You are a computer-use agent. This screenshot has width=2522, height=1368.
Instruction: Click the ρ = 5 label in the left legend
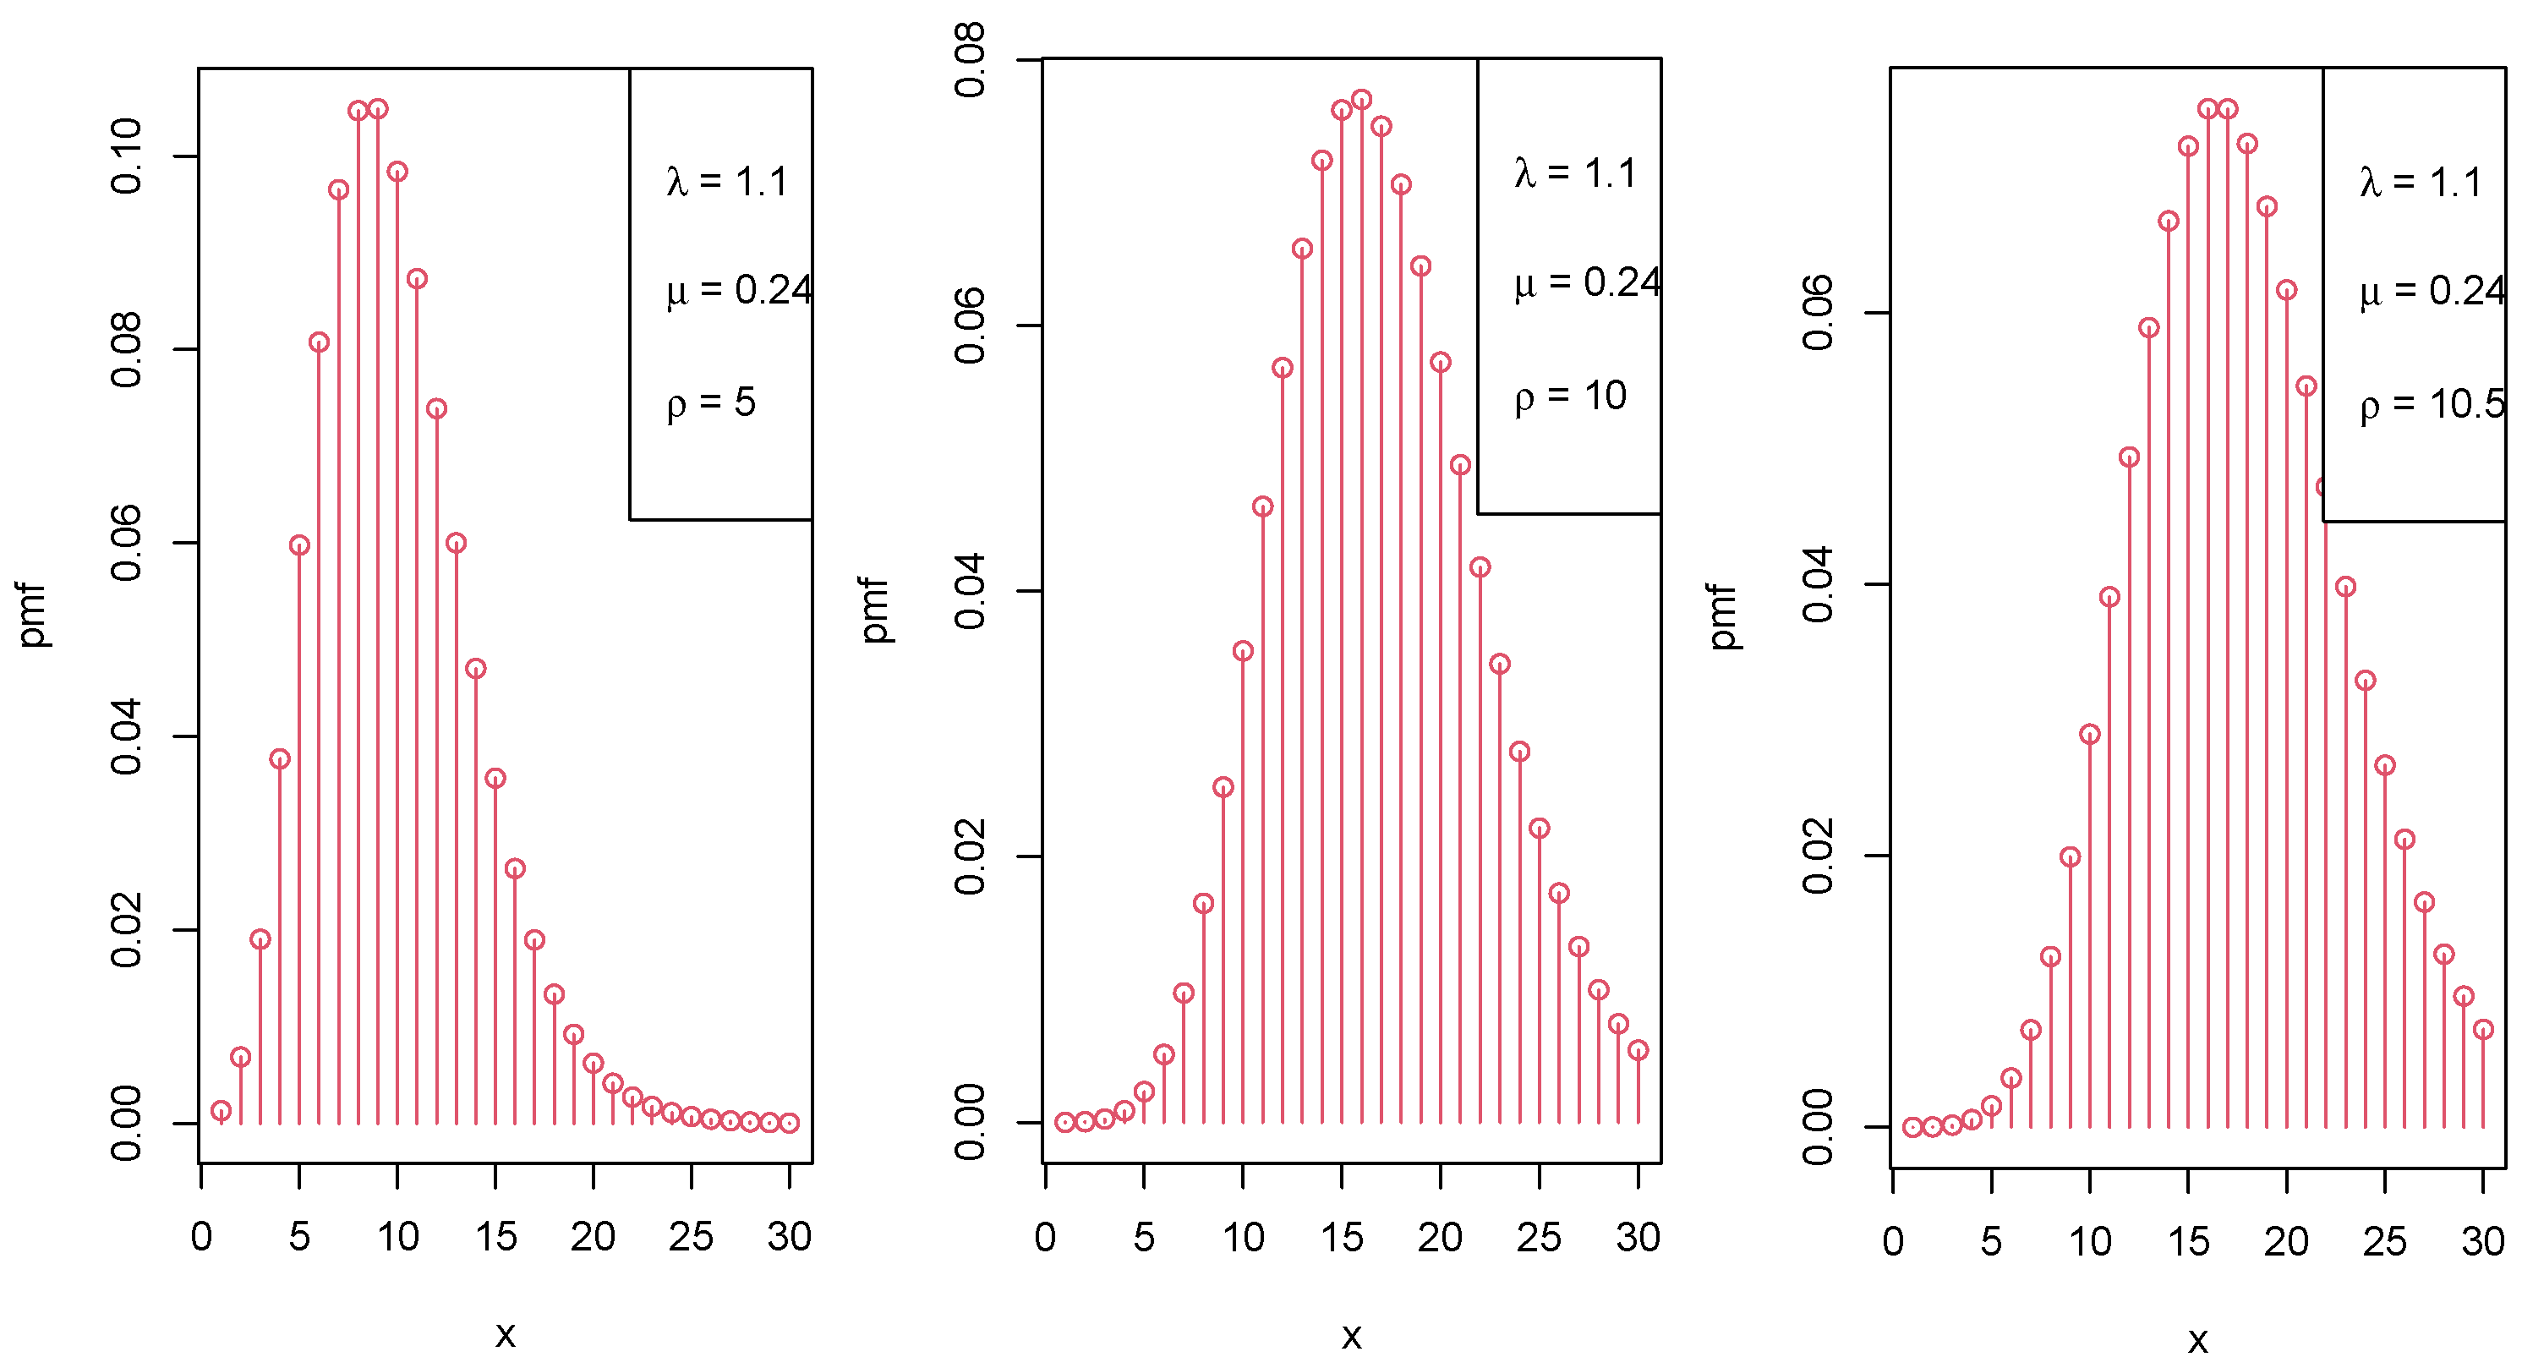pos(711,402)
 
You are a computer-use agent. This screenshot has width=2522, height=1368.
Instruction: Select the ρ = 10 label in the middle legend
pos(1569,396)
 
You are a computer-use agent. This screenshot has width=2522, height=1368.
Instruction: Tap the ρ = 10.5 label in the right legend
pos(2432,403)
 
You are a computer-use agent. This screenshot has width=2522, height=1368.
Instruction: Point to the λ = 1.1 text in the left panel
pos(726,182)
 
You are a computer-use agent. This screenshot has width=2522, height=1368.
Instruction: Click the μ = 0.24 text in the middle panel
pos(1587,283)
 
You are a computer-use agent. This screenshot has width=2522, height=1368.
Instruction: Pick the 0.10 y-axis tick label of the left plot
pos(128,156)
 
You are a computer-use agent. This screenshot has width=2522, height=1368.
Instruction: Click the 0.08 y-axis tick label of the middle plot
pos(971,61)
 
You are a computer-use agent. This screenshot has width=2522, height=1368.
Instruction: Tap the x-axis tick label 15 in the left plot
pos(495,1238)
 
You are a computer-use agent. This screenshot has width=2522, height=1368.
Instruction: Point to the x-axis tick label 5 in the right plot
pos(1991,1243)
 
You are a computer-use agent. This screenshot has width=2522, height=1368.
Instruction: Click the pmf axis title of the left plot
pos(32,615)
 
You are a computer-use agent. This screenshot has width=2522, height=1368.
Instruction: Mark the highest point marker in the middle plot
pos(1361,100)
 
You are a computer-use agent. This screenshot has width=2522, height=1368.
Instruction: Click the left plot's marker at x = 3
pos(260,940)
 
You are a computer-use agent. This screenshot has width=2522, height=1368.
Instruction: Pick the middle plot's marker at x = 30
pos(1638,1051)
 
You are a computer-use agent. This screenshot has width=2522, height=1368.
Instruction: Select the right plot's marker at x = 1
pos(1912,1127)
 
